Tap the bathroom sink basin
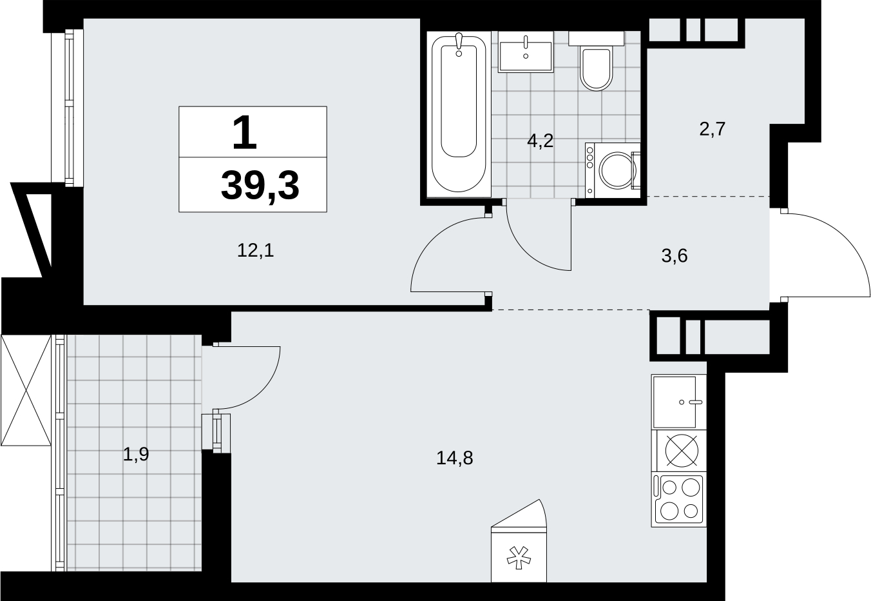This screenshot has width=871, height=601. (526, 56)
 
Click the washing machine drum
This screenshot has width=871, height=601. (617, 170)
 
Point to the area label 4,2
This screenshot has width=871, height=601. (540, 141)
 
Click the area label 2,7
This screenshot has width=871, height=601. (713, 129)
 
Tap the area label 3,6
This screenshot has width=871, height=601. (675, 256)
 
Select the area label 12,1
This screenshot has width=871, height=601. (256, 250)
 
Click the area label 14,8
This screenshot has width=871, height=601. (455, 458)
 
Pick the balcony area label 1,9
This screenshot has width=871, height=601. (136, 454)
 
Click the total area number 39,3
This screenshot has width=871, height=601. (260, 186)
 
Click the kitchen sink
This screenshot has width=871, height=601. (679, 402)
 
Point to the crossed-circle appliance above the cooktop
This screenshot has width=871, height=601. (682, 451)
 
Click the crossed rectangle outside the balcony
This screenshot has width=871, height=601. (26, 390)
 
